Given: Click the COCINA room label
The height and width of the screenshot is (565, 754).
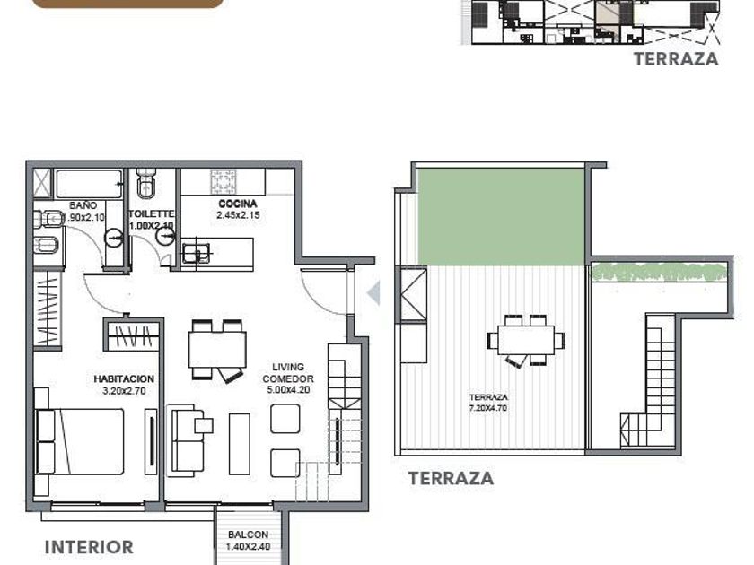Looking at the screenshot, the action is (238, 204).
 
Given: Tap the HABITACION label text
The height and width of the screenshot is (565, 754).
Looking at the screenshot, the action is (124, 379).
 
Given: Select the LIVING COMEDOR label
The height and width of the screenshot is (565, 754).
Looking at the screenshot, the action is (288, 372).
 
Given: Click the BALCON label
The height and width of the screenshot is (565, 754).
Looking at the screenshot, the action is (248, 535).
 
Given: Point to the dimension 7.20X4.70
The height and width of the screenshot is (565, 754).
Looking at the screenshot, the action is (488, 408).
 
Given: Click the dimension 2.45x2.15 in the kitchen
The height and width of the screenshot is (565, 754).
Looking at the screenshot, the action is (238, 215).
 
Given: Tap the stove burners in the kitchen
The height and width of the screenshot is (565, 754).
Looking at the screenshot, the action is (224, 181).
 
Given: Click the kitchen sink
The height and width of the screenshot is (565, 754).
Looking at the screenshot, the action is (196, 253).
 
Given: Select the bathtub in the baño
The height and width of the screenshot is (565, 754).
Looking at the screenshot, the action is (89, 184).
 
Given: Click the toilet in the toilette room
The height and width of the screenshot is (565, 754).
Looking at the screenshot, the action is (145, 183).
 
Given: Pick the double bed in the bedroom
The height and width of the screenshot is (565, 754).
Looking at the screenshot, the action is (80, 441).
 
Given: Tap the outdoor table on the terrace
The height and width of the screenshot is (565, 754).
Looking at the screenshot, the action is (526, 340).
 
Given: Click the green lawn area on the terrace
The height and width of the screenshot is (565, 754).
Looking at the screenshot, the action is (501, 216).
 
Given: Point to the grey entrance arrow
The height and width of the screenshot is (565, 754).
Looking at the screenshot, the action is (373, 293).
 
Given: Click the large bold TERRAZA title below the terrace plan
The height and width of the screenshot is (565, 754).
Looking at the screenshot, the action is (451, 478).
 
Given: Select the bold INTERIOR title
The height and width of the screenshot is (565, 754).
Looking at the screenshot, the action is (89, 547).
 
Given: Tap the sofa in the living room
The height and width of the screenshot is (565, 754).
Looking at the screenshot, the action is (185, 439).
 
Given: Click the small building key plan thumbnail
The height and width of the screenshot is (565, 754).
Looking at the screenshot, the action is (592, 22).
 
